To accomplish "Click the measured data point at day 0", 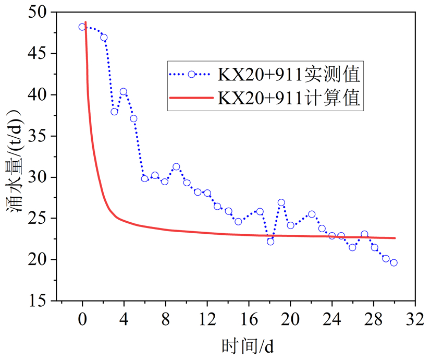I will (82, 27).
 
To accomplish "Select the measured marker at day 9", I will (176, 167).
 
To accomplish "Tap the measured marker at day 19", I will (281, 202).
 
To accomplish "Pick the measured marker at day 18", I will (270, 242).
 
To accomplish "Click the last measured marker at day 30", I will (394, 263).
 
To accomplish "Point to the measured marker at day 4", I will (124, 92).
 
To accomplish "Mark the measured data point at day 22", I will (312, 214).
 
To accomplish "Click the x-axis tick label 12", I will (207, 319).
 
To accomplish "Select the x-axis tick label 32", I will (415, 319).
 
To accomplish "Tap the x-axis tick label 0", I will (82, 319).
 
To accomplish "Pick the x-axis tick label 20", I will (290, 319).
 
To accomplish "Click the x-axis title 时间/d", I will (248, 345).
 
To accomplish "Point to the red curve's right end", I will (395, 238).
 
